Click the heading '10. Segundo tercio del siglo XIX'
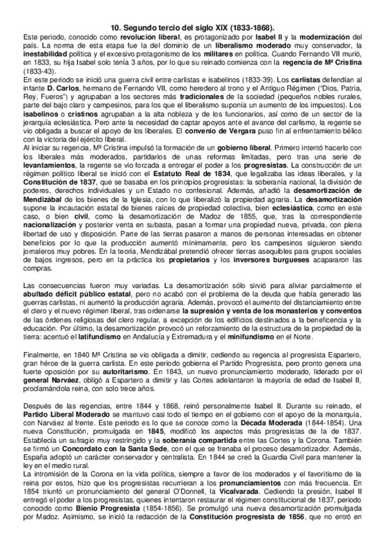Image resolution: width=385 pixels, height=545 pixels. pyautogui.click(x=193, y=28)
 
